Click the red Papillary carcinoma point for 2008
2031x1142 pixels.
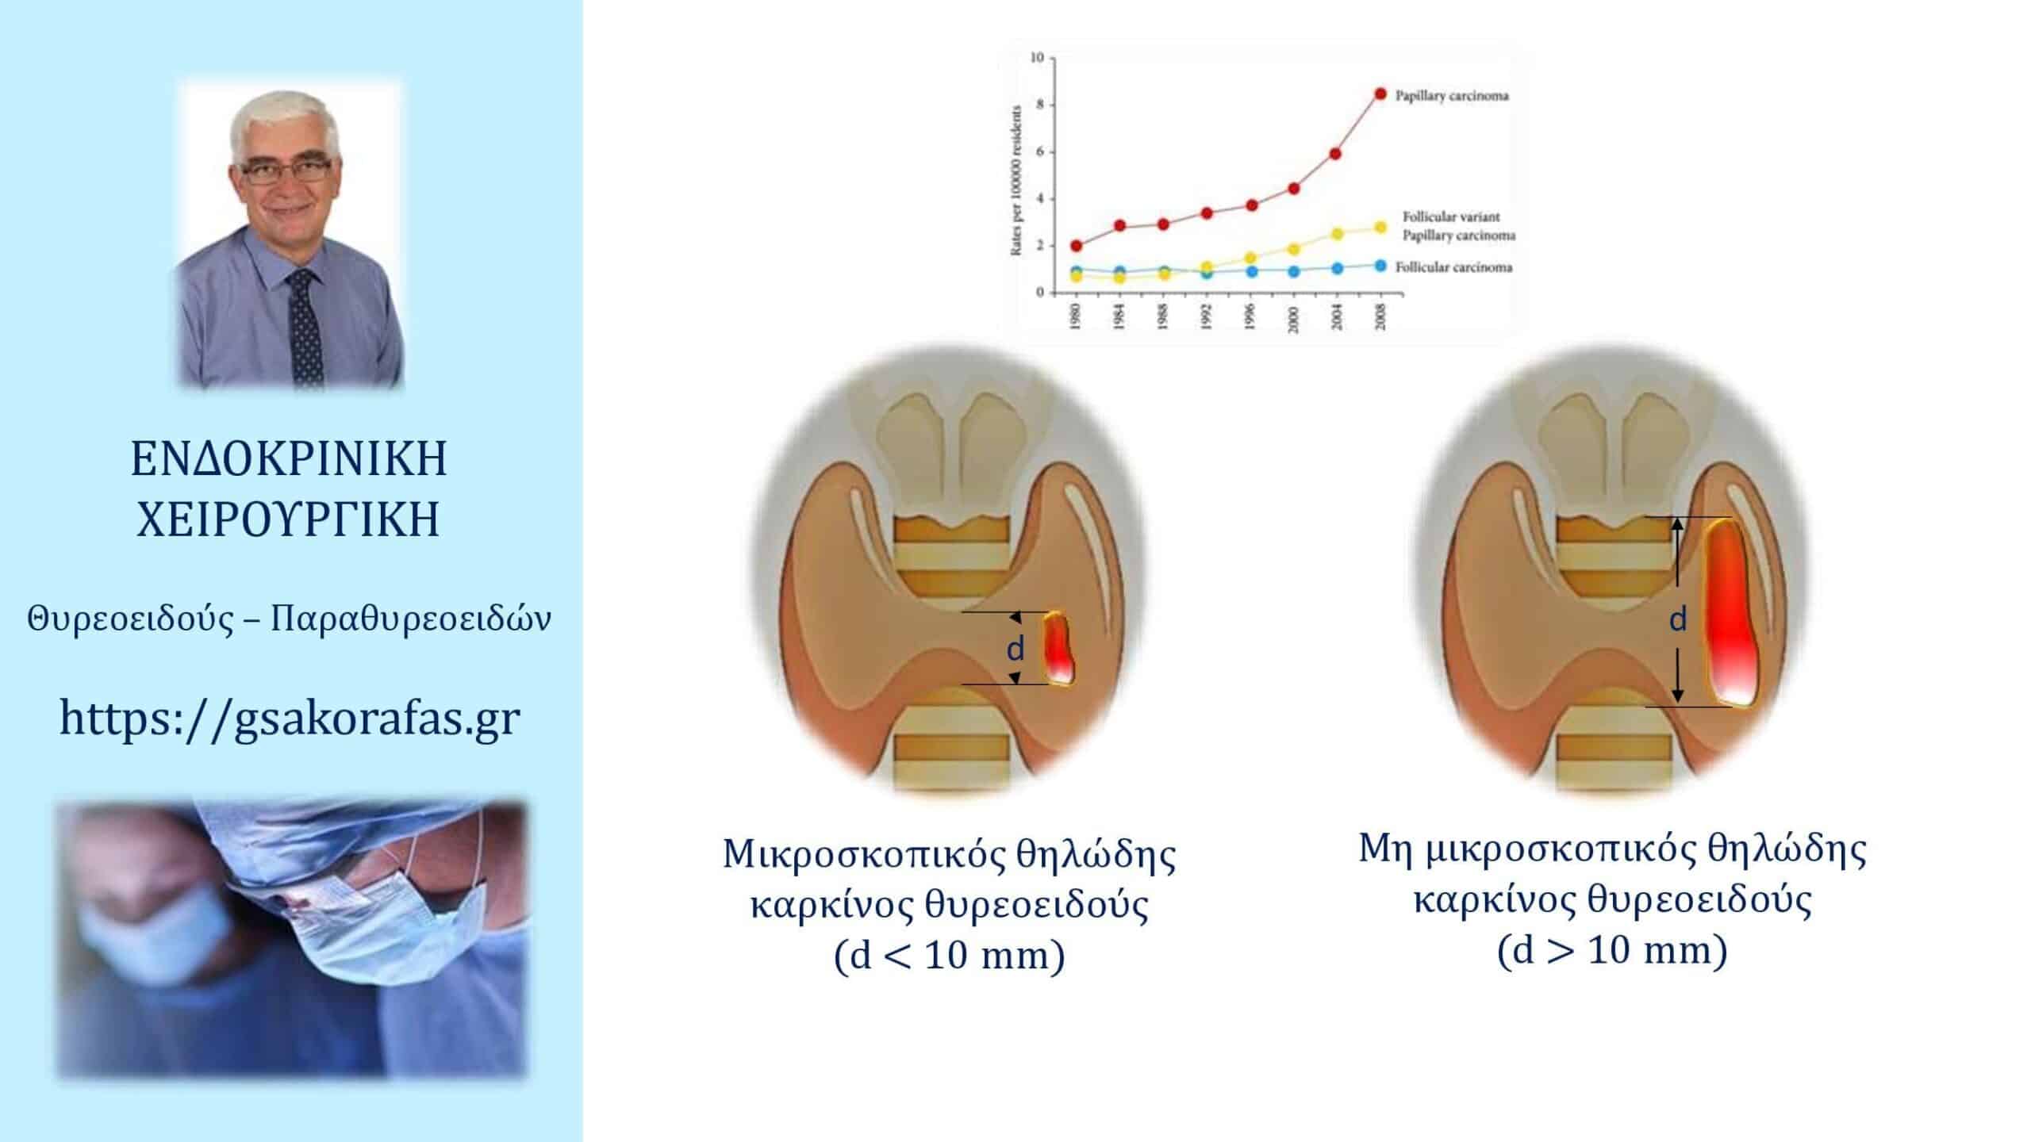point(1380,94)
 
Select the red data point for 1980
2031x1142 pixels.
point(1076,246)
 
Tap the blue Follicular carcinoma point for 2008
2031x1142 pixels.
point(1380,266)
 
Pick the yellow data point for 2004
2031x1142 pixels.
point(1337,234)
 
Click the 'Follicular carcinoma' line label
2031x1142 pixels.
point(1454,267)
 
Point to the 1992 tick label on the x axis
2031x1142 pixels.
point(1207,316)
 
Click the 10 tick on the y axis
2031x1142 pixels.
point(1037,57)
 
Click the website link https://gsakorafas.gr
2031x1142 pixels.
point(290,719)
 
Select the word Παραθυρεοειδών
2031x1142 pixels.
point(411,619)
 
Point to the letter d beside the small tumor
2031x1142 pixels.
point(1015,649)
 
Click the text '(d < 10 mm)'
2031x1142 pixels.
point(949,956)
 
